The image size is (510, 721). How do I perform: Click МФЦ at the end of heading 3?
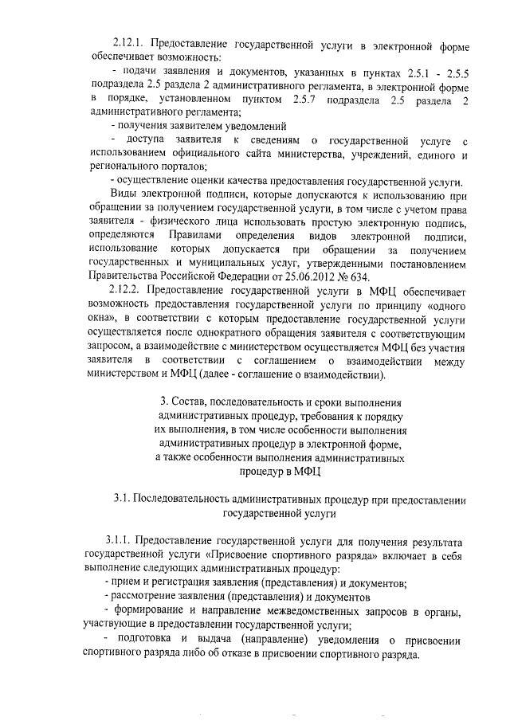coord(307,472)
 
